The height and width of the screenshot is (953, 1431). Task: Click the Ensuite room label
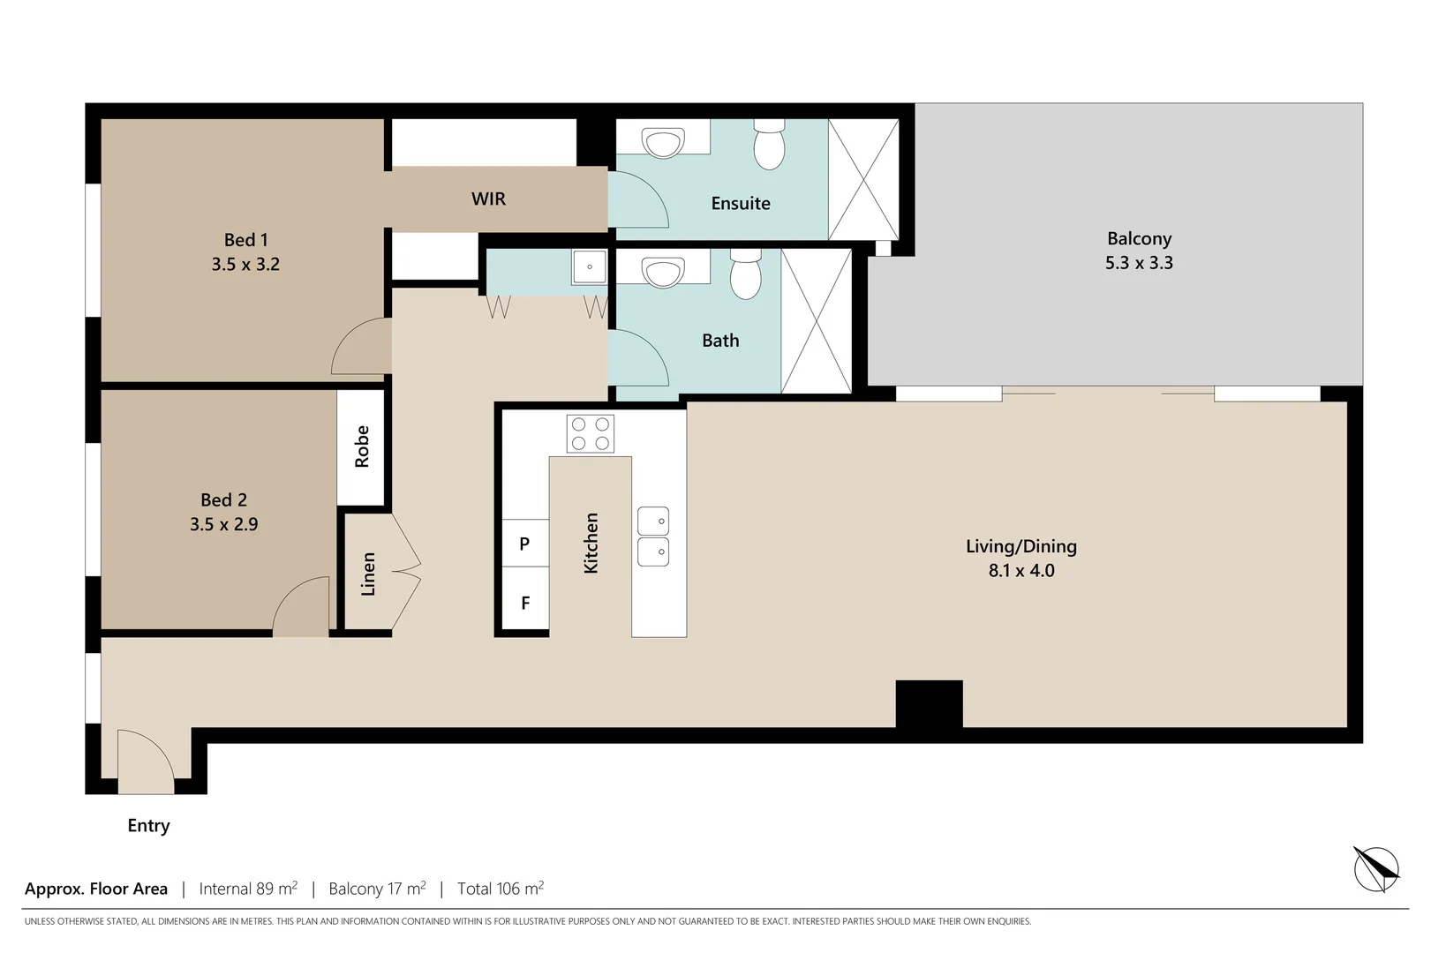pyautogui.click(x=740, y=204)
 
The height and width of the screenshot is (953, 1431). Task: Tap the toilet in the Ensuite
pyautogui.click(x=769, y=146)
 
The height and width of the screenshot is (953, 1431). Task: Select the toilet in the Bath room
pyautogui.click(x=745, y=274)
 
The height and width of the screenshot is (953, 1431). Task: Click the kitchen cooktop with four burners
pyautogui.click(x=590, y=434)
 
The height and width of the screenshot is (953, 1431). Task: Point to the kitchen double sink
pyautogui.click(x=652, y=537)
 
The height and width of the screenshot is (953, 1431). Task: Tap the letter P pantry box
pyautogui.click(x=524, y=544)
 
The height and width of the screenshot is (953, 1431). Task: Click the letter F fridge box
pyautogui.click(x=524, y=604)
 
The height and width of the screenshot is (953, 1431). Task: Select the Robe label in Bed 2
pyautogui.click(x=362, y=446)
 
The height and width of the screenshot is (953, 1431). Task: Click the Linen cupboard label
pyautogui.click(x=368, y=574)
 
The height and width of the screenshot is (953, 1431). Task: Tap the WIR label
pyautogui.click(x=488, y=199)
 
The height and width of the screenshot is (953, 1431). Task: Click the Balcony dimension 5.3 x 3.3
pyautogui.click(x=1138, y=263)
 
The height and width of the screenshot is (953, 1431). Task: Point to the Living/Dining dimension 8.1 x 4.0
pyautogui.click(x=1021, y=571)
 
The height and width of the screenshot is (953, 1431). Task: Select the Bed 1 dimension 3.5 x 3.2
pyautogui.click(x=245, y=265)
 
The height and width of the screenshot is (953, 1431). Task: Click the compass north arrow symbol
pyautogui.click(x=1376, y=868)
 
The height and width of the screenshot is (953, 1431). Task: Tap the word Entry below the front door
pyautogui.click(x=148, y=826)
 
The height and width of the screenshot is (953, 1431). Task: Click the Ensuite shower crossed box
pyautogui.click(x=862, y=179)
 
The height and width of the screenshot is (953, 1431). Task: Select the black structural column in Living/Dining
pyautogui.click(x=929, y=703)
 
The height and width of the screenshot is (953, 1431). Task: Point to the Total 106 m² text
pyautogui.click(x=500, y=889)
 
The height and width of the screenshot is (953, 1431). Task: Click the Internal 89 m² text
pyautogui.click(x=248, y=889)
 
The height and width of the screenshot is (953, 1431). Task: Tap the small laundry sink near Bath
pyautogui.click(x=589, y=266)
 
